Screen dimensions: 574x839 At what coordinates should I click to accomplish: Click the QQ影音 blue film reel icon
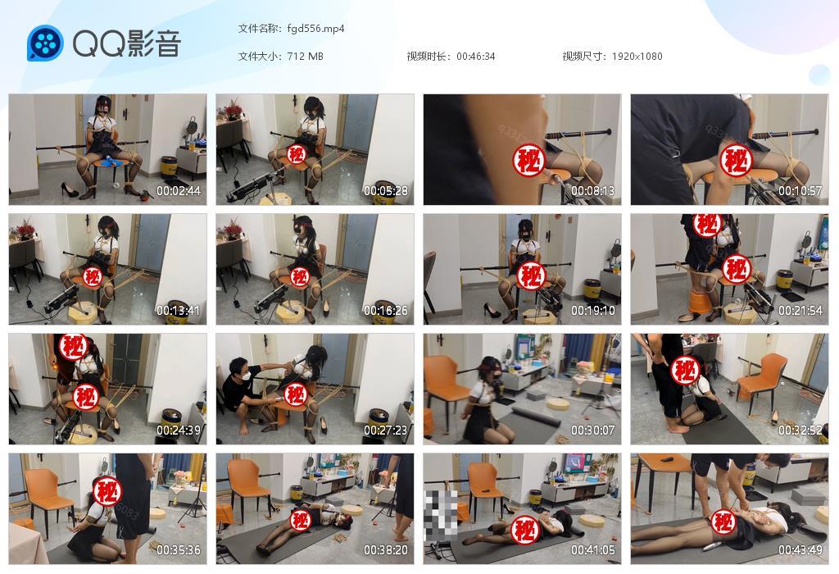tap(45, 43)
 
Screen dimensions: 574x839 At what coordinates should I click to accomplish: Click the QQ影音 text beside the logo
tap(126, 43)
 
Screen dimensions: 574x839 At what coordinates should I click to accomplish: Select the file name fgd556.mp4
tap(315, 28)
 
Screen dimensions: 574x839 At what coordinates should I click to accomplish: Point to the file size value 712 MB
tap(305, 57)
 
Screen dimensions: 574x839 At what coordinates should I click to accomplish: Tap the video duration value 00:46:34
tap(475, 57)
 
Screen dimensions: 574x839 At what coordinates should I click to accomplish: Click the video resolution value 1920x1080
tap(637, 57)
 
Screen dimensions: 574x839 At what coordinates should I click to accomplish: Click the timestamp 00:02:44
tap(179, 191)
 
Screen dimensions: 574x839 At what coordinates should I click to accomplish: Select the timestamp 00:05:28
tap(386, 191)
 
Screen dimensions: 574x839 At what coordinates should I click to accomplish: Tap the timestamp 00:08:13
tap(593, 191)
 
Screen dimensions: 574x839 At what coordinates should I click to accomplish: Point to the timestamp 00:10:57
tap(800, 191)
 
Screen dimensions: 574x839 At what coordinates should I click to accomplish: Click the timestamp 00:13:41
tap(179, 311)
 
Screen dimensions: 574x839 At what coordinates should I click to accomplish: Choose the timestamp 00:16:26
tap(386, 311)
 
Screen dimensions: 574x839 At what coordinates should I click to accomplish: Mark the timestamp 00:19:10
tap(593, 311)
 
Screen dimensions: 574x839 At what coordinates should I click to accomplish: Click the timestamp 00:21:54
tap(800, 311)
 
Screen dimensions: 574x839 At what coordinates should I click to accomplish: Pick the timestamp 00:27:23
tap(386, 430)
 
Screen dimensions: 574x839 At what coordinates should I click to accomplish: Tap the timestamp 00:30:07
tap(593, 430)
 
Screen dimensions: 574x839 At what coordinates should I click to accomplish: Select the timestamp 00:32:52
tap(800, 430)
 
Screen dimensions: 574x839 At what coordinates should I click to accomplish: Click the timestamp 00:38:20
tap(386, 550)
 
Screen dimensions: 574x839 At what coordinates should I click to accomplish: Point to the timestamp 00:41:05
tap(593, 550)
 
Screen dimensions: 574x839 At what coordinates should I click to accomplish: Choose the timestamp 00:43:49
tap(800, 550)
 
